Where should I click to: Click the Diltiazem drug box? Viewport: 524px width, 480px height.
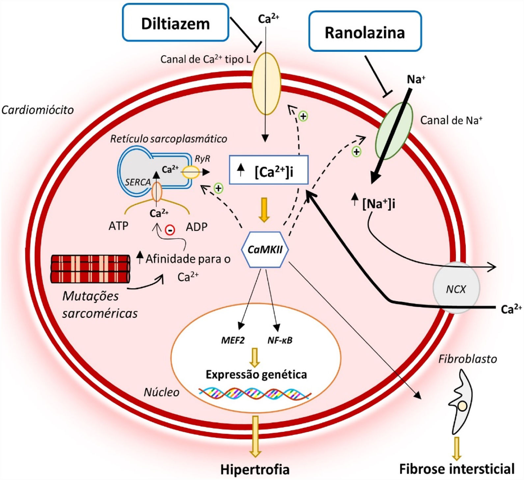[175, 23]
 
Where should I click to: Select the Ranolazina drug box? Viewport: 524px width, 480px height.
[365, 32]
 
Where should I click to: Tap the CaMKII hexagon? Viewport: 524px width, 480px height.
[265, 249]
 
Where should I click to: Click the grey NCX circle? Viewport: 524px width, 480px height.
[456, 288]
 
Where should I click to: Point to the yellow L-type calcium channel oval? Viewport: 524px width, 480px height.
[266, 84]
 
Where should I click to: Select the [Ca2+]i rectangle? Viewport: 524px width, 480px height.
[268, 170]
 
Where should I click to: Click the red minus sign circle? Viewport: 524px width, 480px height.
[170, 230]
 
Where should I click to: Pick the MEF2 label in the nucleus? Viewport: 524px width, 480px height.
[233, 340]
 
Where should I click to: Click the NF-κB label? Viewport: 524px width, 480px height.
[280, 340]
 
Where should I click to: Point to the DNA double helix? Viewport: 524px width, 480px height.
[255, 393]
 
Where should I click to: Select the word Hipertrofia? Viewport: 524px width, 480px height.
[255, 469]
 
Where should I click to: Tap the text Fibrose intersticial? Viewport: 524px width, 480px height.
[456, 468]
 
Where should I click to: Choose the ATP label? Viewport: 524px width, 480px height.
[118, 226]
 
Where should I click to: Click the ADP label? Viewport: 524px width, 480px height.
[197, 227]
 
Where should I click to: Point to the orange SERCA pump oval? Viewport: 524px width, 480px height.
[156, 192]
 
